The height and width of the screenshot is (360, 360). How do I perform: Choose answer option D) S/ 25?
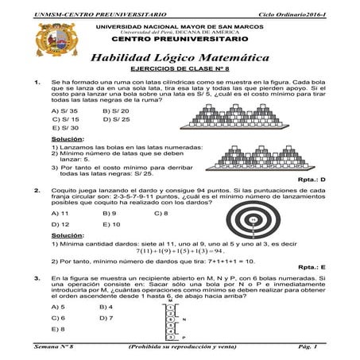[x=115, y=118]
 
